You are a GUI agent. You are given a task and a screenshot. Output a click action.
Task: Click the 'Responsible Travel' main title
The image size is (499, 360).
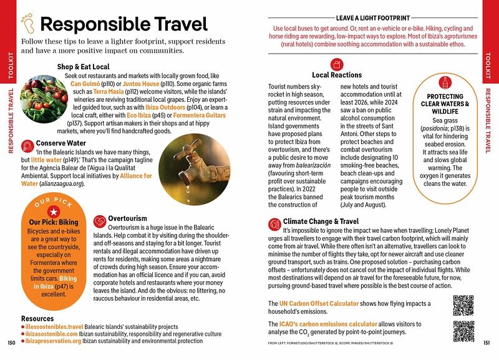124,25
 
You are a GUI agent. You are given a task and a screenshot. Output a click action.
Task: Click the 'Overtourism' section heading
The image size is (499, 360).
127,219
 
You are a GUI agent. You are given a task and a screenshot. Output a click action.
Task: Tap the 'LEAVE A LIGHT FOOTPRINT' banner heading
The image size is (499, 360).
372,18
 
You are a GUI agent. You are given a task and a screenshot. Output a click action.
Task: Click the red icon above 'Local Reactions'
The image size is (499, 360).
337,64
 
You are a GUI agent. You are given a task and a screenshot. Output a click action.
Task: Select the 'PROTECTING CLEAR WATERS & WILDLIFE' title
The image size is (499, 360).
445,104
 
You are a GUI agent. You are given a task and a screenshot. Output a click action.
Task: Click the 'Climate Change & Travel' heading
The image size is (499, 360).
321,221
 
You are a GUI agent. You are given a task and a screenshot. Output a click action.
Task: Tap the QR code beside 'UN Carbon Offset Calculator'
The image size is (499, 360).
465,305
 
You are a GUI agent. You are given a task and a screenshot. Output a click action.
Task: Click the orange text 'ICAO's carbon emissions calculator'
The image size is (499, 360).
327,324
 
